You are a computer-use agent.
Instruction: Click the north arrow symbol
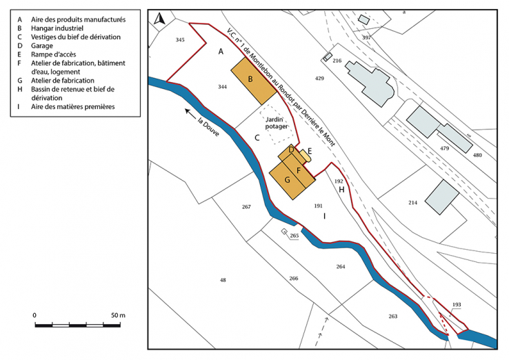coord(159,19)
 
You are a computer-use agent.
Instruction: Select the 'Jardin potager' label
coord(277,123)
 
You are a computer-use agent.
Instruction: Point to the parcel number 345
coord(180,41)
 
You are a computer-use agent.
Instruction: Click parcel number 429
coord(319,79)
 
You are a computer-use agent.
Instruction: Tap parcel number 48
coord(223,280)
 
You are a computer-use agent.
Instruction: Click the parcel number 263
coord(393,316)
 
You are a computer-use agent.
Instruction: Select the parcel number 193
coord(456,304)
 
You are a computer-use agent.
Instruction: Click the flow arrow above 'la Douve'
coord(190,110)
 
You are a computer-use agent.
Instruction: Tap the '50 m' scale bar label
coord(117,315)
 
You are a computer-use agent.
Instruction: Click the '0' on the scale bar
coord(34,315)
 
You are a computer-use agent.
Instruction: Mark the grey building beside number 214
coord(441,197)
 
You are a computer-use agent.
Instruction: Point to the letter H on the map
coord(341,189)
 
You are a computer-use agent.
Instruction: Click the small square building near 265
coord(284,232)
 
